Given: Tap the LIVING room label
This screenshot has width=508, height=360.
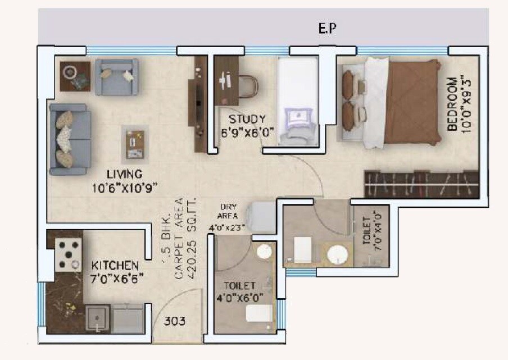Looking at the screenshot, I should [125, 174].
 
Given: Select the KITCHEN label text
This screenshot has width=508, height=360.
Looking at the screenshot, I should [115, 264].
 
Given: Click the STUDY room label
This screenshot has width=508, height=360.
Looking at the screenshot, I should [247, 119].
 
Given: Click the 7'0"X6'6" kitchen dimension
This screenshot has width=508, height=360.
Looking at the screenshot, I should [116, 276].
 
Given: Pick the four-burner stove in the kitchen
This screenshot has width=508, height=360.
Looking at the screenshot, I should [69, 254].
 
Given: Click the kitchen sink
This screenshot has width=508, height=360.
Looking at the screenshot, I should [97, 318].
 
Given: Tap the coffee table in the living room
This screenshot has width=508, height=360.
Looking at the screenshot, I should [134, 144].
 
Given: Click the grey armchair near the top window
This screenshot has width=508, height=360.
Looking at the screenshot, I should [117, 76].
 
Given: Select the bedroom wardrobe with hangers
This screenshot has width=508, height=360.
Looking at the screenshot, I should [421, 184].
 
